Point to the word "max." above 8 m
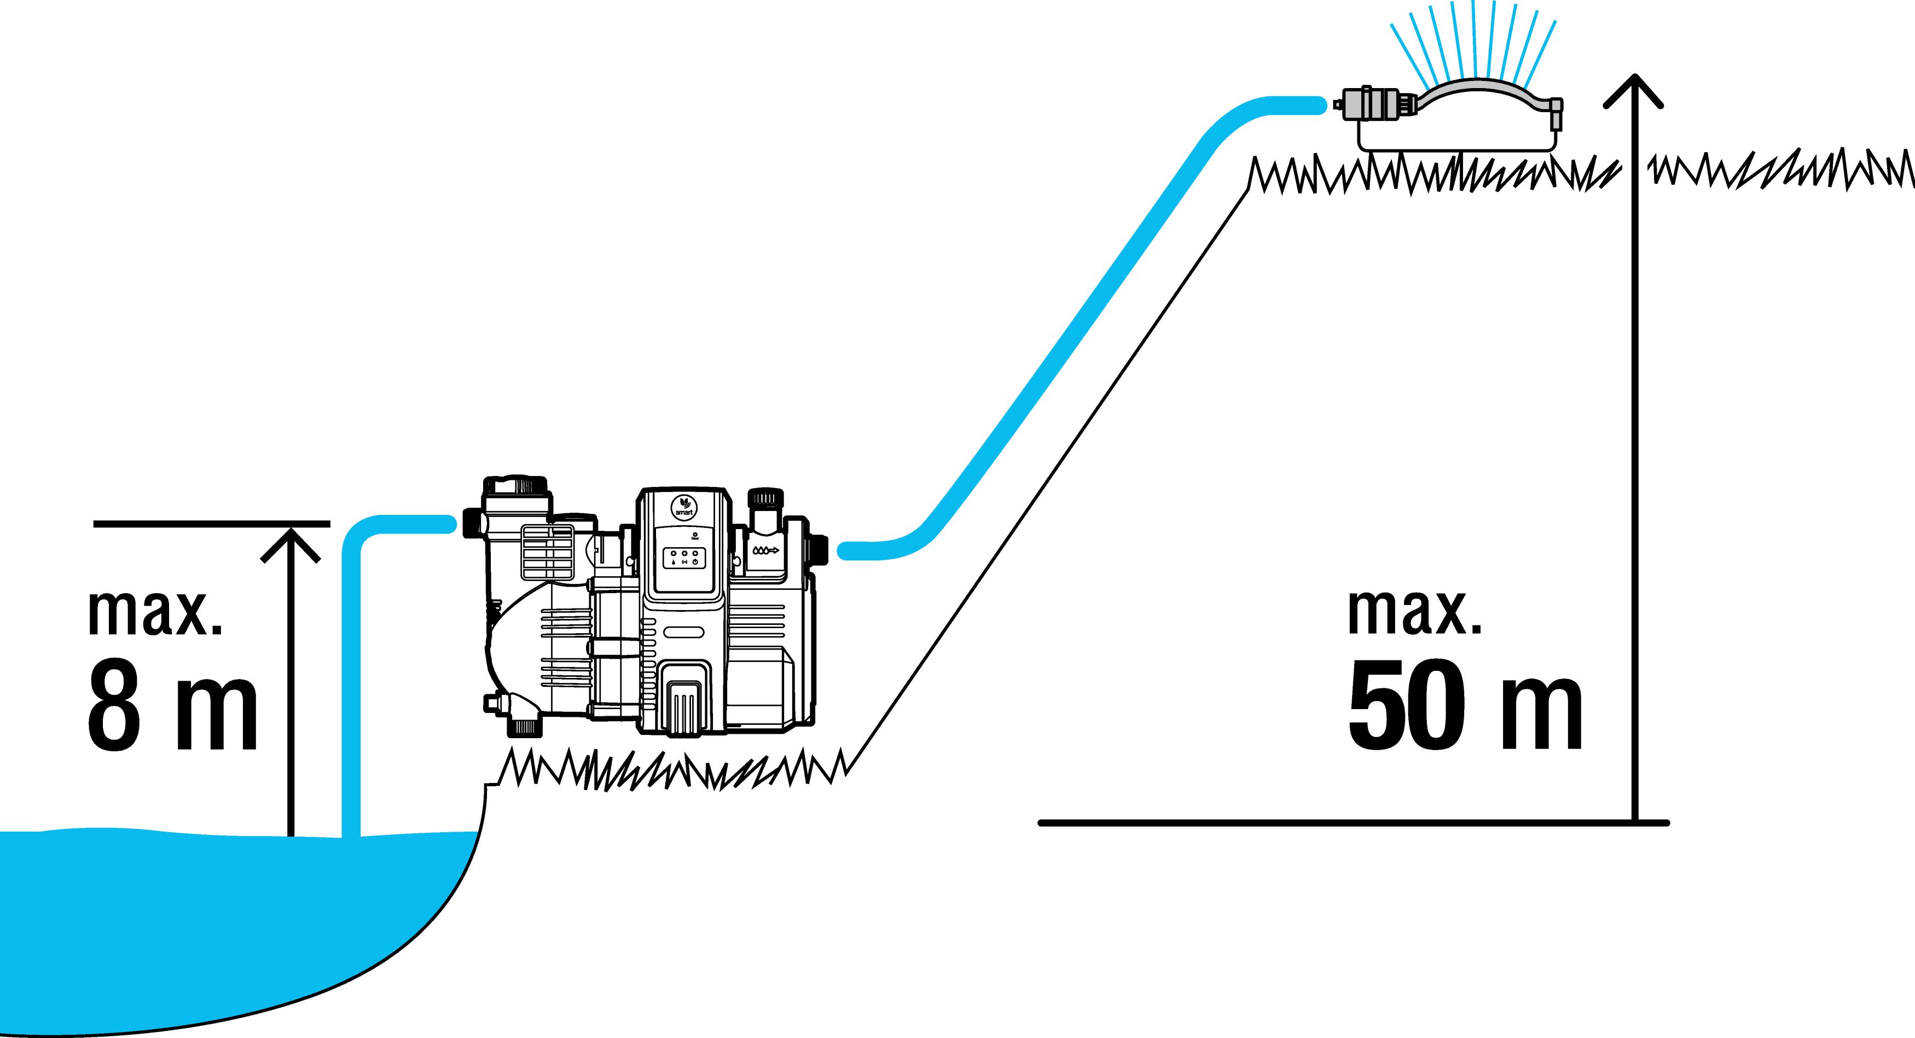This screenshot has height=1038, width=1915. (155, 613)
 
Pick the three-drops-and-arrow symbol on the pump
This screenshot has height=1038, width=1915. (765, 552)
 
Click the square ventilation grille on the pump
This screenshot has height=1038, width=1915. (548, 553)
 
